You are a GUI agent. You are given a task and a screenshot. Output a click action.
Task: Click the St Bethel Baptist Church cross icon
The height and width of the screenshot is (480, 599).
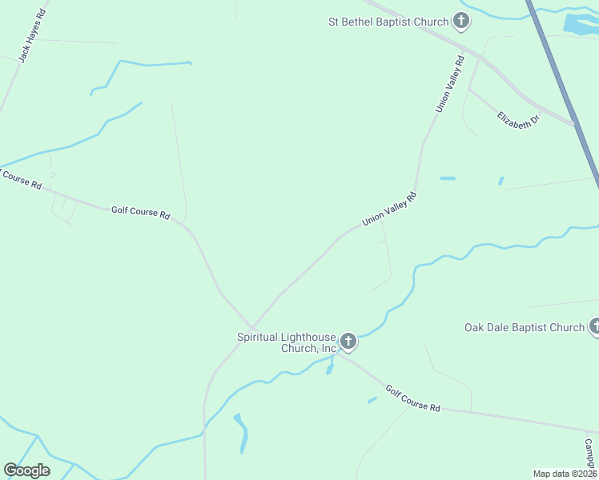pos(461,20)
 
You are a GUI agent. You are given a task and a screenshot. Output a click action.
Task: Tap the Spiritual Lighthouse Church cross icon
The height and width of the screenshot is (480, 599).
pos(348,342)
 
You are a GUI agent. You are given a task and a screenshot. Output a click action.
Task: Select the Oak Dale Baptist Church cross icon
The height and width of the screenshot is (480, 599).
pos(594,326)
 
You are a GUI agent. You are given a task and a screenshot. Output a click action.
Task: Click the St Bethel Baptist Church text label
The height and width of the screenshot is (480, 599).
pos(388,22)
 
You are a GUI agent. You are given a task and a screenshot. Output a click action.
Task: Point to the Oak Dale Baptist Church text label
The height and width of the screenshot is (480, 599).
pos(525,327)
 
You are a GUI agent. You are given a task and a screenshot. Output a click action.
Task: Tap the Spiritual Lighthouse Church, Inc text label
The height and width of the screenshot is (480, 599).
pos(287,342)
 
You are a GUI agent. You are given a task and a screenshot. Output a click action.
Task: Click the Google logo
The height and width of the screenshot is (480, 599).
pos(27,470)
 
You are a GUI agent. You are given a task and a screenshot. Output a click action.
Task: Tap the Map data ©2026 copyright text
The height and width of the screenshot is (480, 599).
pos(565,473)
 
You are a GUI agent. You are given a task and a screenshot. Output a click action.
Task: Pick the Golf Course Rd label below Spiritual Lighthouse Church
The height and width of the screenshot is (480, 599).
pos(413,398)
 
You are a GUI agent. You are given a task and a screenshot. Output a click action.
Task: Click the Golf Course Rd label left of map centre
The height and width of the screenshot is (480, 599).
pos(141,212)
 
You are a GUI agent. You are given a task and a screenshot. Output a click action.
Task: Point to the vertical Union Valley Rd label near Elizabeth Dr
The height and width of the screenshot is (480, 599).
pos(450,83)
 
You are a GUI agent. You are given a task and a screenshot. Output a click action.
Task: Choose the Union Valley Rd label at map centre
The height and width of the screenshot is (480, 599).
pos(389,209)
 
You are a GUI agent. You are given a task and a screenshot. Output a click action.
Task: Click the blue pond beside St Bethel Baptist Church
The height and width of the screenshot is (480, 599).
pos(579,24)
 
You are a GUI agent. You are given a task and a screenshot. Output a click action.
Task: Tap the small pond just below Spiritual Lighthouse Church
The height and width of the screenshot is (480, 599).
pos(329,368)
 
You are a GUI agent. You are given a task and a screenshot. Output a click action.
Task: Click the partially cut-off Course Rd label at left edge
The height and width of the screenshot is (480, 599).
pos(19,178)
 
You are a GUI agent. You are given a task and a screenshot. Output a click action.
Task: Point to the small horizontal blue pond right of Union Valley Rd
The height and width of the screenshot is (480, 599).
pos(448,178)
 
